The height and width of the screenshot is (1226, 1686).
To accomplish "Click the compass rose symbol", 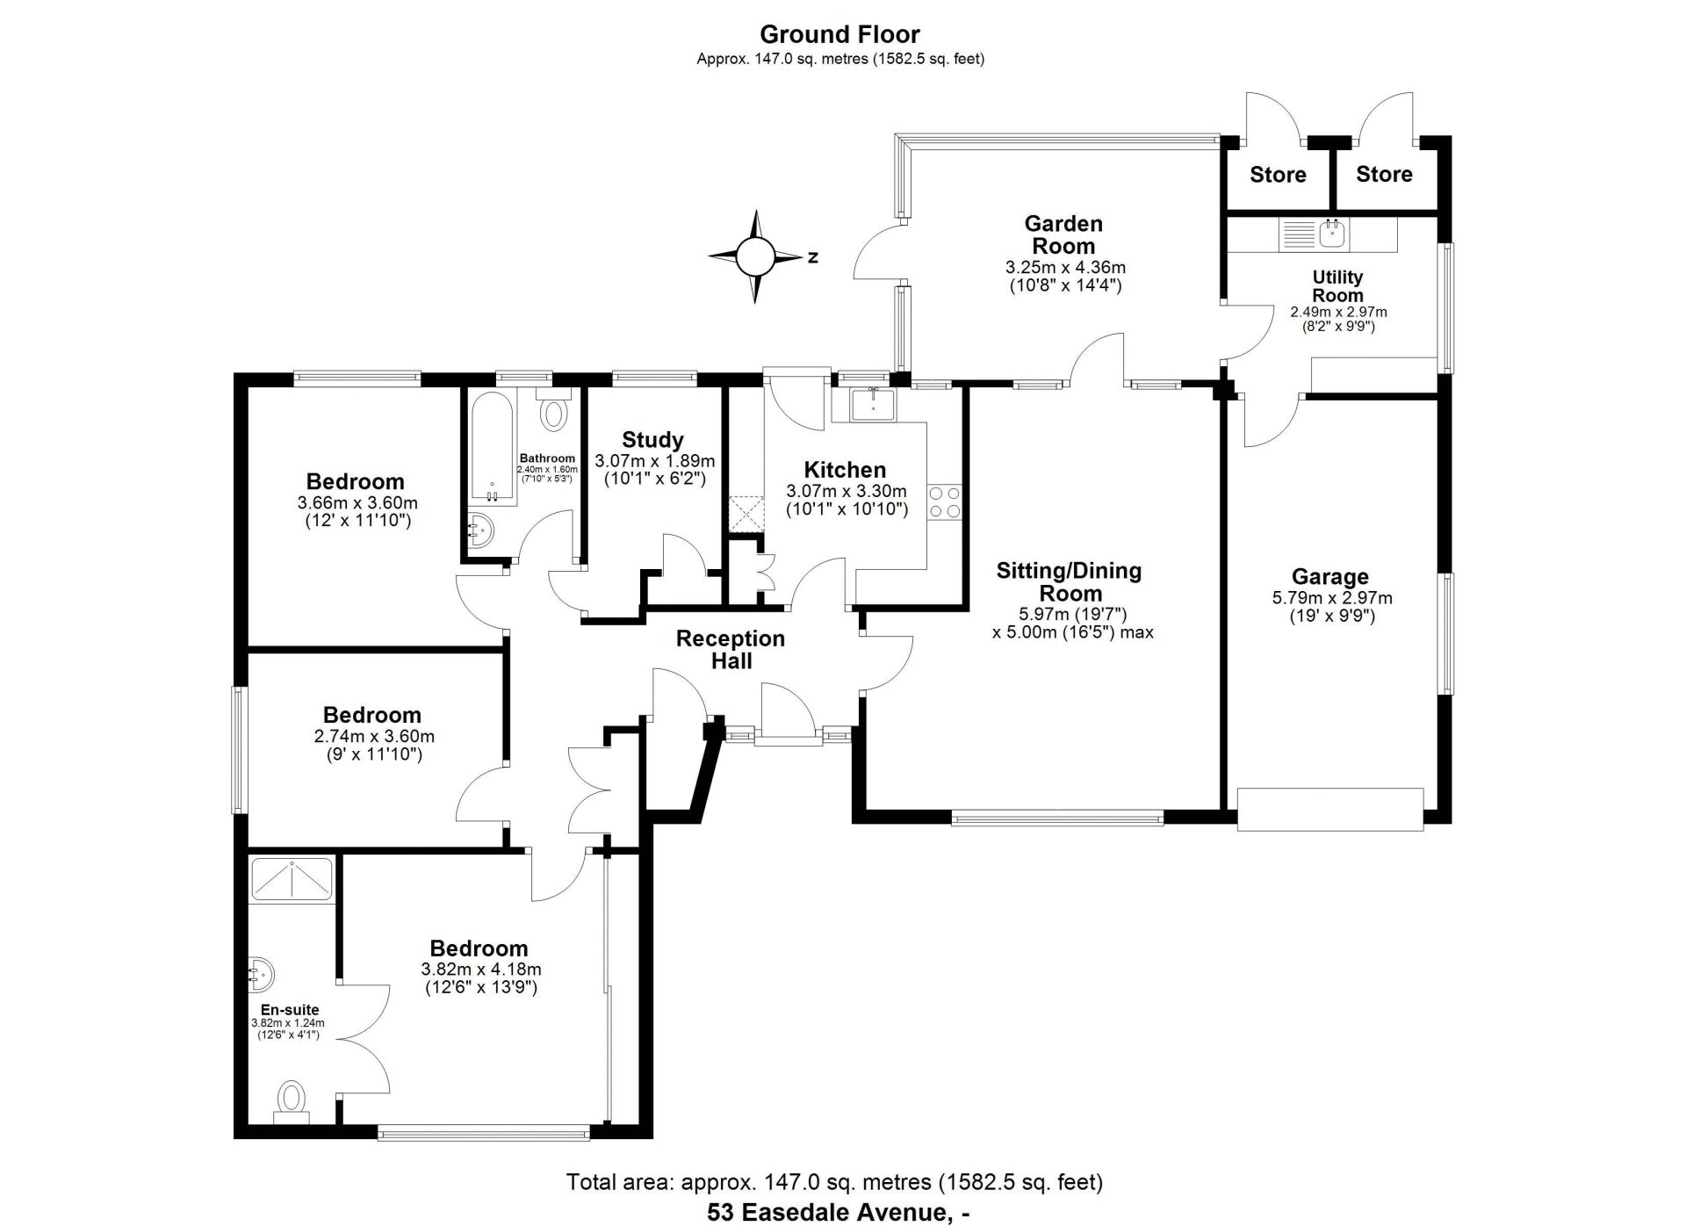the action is [x=755, y=256].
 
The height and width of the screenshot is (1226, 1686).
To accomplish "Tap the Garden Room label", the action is [x=1063, y=235].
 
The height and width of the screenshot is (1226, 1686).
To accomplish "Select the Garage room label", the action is [x=1329, y=577].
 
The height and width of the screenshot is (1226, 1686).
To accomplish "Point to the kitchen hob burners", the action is [x=945, y=501].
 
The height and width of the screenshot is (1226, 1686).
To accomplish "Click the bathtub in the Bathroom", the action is [x=494, y=449].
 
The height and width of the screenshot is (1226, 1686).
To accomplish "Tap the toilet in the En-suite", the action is [x=292, y=1102].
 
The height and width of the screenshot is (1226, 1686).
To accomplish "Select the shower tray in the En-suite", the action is [x=292, y=879].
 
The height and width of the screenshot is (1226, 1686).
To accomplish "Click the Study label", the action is [x=652, y=440].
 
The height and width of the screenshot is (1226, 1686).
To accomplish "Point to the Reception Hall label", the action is [x=731, y=650].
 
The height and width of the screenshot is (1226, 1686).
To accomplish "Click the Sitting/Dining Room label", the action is [x=1070, y=581].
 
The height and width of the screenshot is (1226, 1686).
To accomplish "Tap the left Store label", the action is [x=1278, y=175].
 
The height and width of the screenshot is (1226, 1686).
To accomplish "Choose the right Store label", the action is [x=1384, y=174].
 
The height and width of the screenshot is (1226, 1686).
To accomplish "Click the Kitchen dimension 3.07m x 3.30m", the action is [x=846, y=492].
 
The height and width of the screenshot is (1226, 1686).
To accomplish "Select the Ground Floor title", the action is [x=839, y=34].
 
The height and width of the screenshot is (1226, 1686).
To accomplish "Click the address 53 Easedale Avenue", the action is [x=830, y=1213].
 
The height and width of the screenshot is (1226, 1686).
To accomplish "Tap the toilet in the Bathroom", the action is [x=553, y=410].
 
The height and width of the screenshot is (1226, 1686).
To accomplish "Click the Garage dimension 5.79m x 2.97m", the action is [x=1332, y=599].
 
